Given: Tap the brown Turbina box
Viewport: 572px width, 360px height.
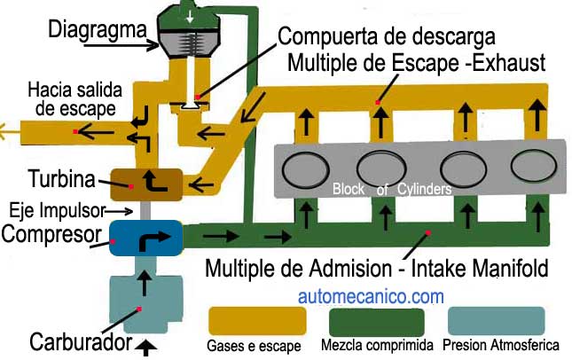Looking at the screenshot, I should coord(145,184).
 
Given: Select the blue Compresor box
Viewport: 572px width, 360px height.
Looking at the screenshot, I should coord(145,238).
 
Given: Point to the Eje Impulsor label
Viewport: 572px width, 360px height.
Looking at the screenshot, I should coord(57,211).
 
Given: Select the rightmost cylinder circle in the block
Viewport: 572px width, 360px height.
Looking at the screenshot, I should coord(535,166).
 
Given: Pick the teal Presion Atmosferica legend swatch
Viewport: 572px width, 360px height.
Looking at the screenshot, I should coord(497,321).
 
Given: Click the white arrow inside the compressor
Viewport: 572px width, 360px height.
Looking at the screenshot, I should coord(145,238).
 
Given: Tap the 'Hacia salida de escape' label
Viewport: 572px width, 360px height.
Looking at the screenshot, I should coord(71,99).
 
